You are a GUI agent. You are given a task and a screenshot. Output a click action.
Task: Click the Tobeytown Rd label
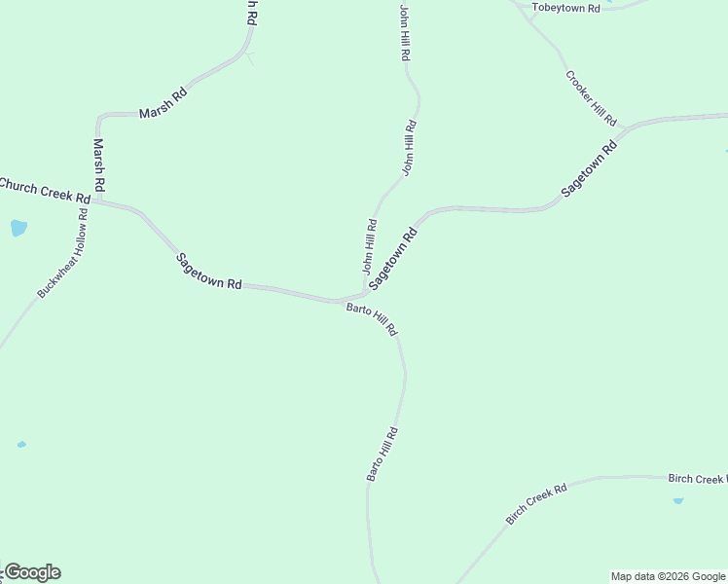click(565, 7)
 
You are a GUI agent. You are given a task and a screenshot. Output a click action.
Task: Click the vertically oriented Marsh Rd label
click(99, 164)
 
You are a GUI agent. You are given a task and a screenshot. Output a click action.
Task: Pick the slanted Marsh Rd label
click(163, 103)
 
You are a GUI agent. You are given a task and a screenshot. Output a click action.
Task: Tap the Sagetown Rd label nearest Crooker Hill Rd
click(590, 170)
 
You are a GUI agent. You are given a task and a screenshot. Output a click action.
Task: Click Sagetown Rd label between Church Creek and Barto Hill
click(209, 272)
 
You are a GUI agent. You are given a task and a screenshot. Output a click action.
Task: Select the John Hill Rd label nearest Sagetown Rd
click(370, 245)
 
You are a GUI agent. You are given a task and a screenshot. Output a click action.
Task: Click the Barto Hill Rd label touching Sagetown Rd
click(373, 318)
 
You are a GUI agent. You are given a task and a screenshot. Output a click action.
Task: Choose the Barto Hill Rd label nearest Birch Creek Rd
click(382, 455)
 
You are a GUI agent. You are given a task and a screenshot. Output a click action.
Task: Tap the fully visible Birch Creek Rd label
click(536, 505)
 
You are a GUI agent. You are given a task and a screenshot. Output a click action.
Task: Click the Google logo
click(32, 572)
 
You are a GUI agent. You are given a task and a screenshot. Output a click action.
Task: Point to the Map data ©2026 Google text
click(668, 576)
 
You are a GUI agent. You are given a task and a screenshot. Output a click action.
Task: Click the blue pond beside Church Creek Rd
click(18, 228)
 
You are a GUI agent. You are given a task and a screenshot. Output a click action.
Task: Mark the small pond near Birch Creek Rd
click(678, 500)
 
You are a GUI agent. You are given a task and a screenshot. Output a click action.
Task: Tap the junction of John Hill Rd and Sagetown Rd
click(365, 293)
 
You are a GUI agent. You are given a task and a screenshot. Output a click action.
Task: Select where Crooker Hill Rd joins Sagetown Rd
click(623, 131)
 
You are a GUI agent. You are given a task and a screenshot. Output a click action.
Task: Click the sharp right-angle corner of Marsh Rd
click(98, 117)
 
